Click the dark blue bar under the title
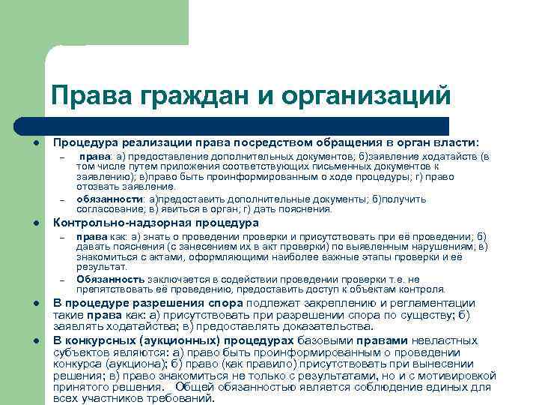tap(247, 125)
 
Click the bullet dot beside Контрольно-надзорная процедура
tap(35, 223)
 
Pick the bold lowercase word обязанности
tap(109, 199)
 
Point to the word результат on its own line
tap(97, 266)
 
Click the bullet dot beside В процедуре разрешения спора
tap(35, 304)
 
